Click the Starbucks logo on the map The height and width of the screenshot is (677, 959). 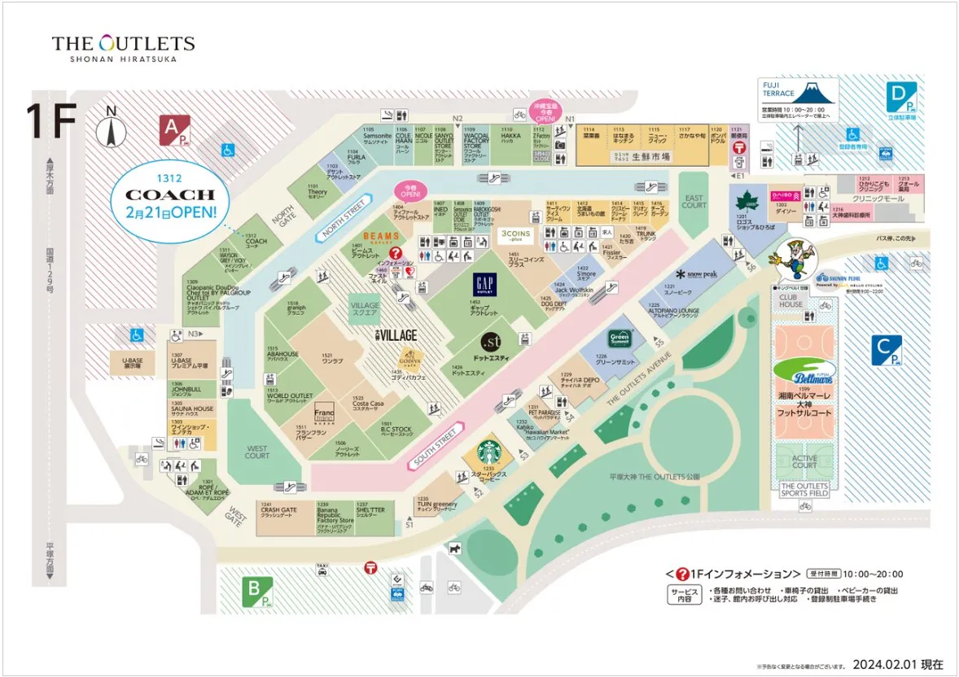point(489,452)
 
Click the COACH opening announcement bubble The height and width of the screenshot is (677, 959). point(170,196)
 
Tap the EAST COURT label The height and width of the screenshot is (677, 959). point(694,201)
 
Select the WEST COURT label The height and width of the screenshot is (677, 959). point(257,452)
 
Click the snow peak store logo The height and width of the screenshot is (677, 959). point(696,274)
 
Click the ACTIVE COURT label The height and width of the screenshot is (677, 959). point(804,461)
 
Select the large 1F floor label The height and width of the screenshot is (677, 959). point(51,120)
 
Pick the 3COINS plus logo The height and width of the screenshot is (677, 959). point(515,235)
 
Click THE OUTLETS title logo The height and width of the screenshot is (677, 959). point(123,46)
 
